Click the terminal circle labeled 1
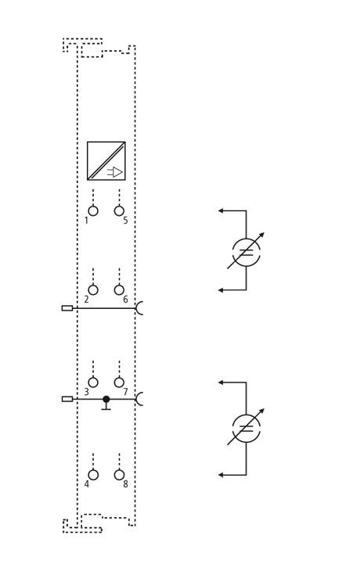pos(93,211)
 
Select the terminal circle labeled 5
pos(119,211)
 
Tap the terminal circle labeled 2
pos(93,290)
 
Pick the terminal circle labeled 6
pos(119,290)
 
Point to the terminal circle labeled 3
pos(93,382)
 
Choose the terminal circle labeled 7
pos(119,382)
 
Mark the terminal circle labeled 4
pos(93,475)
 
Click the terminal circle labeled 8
pos(119,475)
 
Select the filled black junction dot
pos(106,399)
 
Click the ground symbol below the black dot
pos(106,407)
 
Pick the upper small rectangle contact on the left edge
pos(67,308)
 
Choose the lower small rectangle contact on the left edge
pos(67,399)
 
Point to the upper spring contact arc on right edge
pos(137,308)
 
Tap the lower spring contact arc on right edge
pos(137,399)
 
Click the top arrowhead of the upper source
pos(221,210)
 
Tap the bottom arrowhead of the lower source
pos(221,475)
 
